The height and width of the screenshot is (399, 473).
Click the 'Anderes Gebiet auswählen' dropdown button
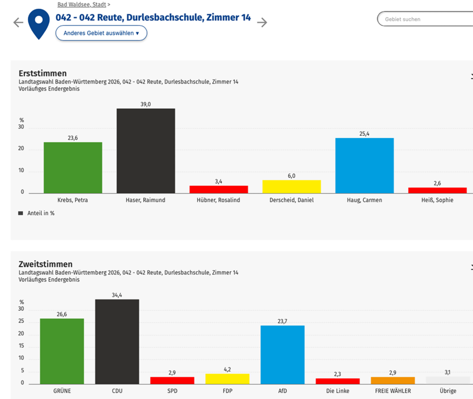(101, 33)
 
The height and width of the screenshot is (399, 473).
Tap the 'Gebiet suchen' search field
(425, 19)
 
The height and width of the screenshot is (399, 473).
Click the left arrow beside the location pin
(18, 22)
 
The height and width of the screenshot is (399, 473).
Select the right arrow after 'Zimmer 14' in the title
(262, 22)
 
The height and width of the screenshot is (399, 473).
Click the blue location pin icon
(38, 23)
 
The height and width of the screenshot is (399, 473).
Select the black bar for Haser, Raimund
(146, 151)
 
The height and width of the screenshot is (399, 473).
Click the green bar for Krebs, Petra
(73, 167)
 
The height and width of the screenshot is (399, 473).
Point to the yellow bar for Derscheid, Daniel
(291, 186)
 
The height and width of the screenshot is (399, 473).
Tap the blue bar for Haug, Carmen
(364, 165)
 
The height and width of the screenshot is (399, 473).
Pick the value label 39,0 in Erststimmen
(146, 104)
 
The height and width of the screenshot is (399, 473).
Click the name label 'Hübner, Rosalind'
(218, 200)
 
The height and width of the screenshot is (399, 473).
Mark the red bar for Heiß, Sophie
(437, 190)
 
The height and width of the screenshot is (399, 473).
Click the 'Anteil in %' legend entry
(36, 213)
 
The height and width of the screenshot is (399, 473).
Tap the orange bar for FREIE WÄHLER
(393, 380)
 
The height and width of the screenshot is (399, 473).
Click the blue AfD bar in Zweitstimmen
(282, 355)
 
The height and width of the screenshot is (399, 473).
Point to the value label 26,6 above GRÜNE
(62, 314)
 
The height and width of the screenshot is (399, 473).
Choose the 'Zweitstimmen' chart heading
(45, 264)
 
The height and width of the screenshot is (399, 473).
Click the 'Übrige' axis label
(448, 391)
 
